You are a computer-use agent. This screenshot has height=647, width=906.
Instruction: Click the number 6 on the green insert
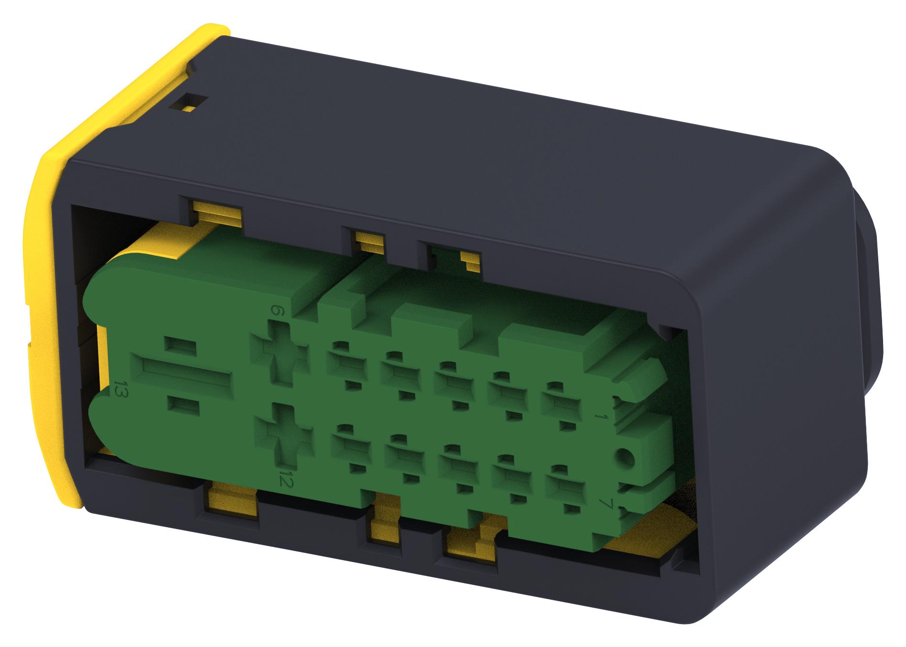coord(276,311)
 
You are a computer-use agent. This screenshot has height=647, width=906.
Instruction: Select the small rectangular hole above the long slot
coord(181,345)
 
